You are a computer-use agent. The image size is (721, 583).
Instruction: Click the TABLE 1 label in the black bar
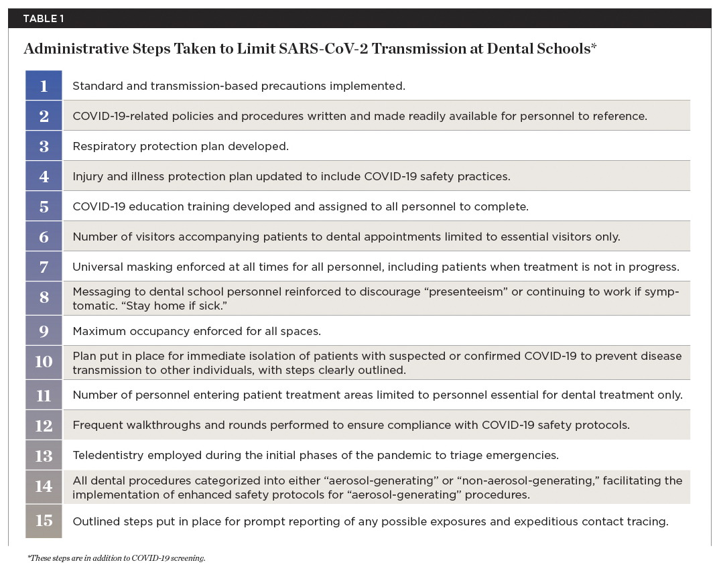(x=44, y=18)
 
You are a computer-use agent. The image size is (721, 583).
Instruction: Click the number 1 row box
(x=44, y=86)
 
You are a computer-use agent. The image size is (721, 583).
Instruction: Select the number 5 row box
(x=44, y=206)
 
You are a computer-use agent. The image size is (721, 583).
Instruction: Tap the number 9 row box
(x=44, y=330)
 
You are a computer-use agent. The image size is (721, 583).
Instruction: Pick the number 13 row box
(x=44, y=456)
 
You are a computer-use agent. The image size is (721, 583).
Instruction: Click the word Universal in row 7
(x=98, y=267)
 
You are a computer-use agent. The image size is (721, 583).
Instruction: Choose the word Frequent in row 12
(x=96, y=425)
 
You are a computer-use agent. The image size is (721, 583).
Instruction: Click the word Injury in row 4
(x=88, y=176)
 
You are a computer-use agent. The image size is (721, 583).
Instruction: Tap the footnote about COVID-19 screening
(x=117, y=558)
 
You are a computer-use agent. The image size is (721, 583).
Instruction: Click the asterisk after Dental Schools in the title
(x=594, y=47)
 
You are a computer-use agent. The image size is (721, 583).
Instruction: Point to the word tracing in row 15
(x=648, y=521)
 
